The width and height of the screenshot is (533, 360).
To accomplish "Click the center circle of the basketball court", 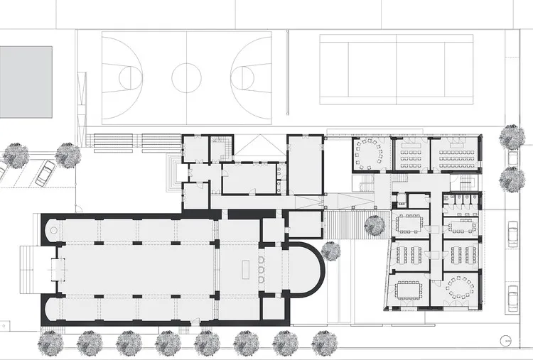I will click(187, 77).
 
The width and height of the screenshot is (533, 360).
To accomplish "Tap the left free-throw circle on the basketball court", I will click(131, 77).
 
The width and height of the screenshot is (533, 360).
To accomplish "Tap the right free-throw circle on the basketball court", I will click(243, 77).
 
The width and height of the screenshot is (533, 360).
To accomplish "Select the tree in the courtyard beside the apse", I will click(330, 250).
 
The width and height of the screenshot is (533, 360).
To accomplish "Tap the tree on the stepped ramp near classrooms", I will click(375, 226).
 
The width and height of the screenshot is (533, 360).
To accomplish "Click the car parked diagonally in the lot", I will click(45, 171).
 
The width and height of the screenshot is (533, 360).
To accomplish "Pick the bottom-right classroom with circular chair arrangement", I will click(458, 289).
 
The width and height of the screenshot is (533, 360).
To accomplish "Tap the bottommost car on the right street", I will click(512, 296).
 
